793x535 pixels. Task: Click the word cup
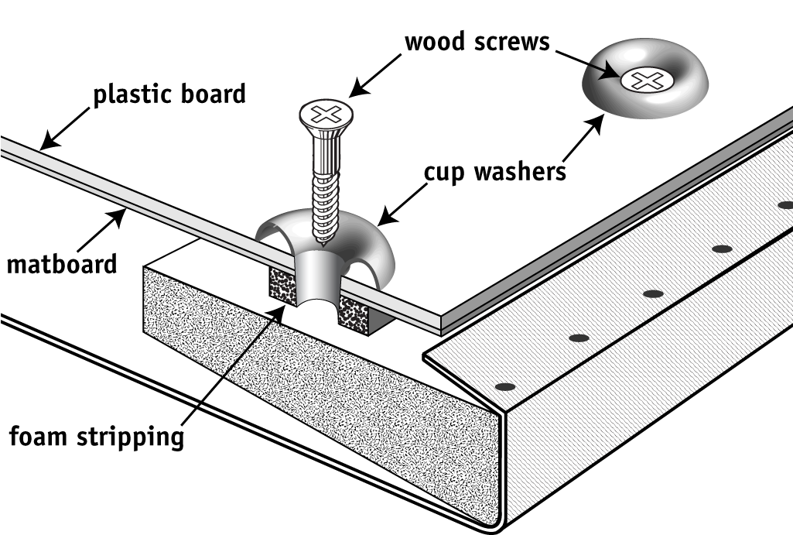point(443,171)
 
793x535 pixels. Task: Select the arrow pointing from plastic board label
point(66,126)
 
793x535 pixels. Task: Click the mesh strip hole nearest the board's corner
point(504,385)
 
